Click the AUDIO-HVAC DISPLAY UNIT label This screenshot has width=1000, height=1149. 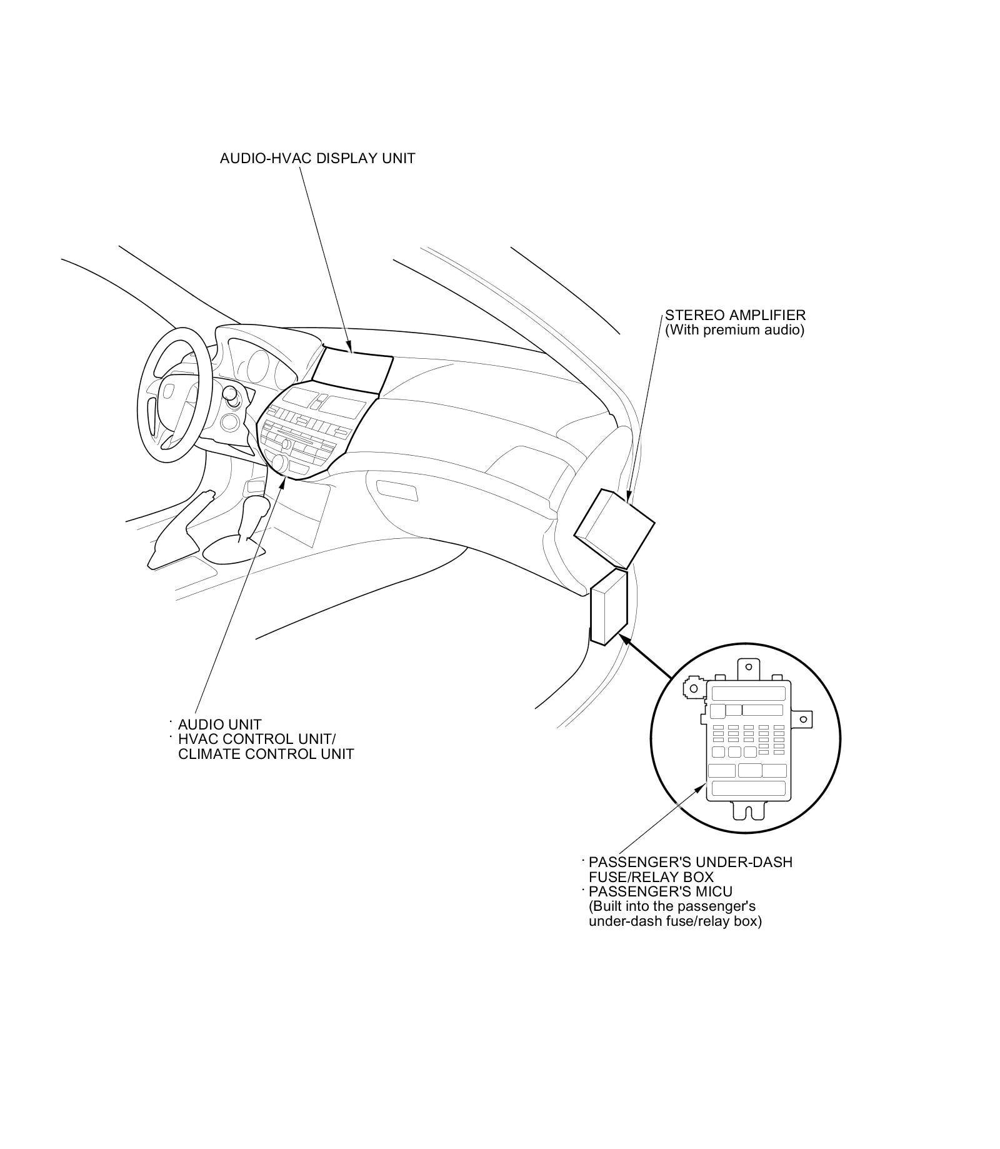[317, 158]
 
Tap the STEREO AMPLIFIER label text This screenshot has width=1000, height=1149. [735, 315]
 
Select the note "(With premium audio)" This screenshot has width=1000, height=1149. [734, 329]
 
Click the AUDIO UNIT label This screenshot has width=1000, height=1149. [219, 725]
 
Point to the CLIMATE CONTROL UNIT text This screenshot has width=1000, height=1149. [266, 754]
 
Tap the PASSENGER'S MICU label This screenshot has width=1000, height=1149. [660, 891]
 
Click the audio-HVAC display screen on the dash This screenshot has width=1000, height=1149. [352, 373]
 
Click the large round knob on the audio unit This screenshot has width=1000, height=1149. [279, 463]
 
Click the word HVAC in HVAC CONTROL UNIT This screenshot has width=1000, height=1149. [197, 739]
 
